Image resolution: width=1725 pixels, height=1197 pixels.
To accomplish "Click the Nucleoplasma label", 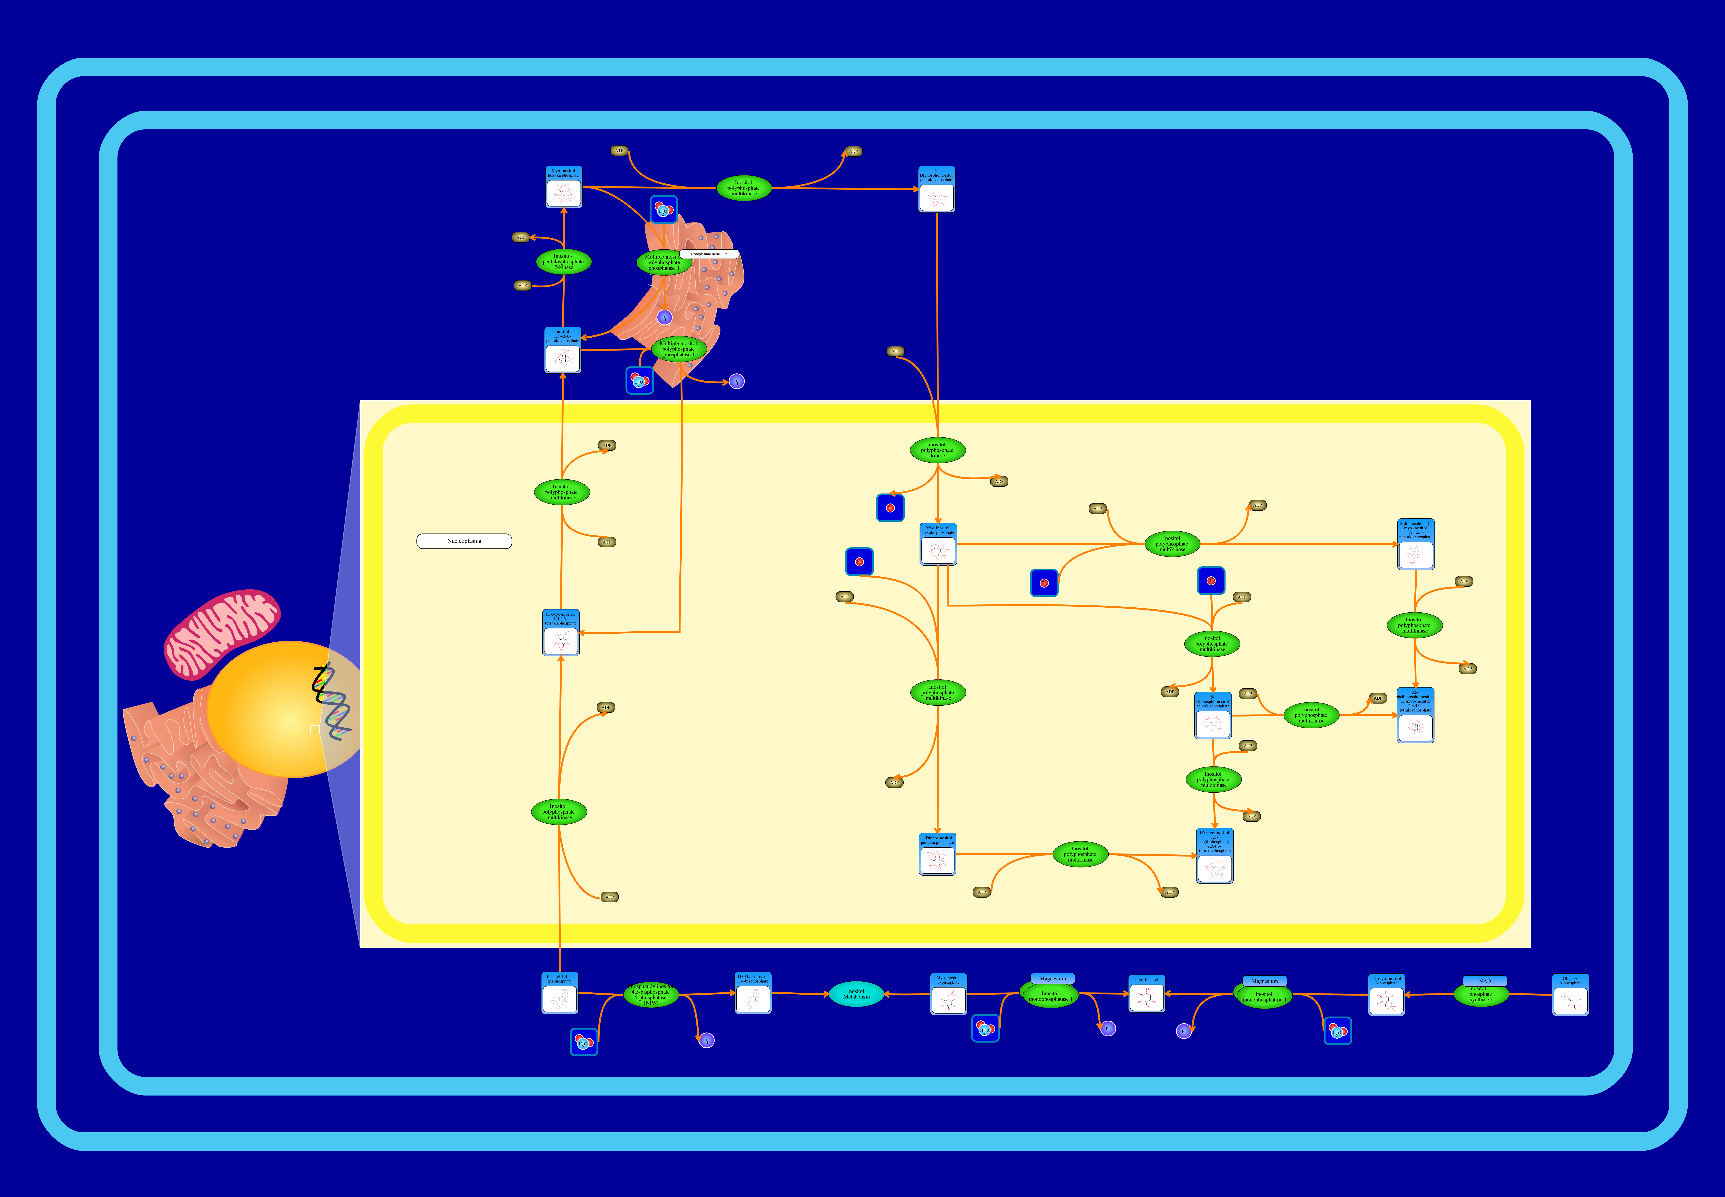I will click(x=464, y=541).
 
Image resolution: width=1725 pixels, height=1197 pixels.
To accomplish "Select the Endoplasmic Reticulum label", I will click(x=709, y=254).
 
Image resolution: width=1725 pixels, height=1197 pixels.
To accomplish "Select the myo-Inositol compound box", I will click(x=1147, y=994).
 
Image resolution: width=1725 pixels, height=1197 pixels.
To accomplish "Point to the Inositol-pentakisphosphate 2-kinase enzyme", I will click(x=563, y=262).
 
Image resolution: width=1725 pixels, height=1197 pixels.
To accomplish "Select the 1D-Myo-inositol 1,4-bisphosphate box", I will click(x=753, y=993).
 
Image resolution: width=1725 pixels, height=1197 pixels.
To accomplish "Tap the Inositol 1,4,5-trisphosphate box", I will click(x=560, y=993).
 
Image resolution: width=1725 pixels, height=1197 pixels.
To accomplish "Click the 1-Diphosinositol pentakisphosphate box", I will click(x=937, y=854).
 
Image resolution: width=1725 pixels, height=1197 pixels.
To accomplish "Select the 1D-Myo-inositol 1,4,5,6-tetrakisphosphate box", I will click(x=561, y=633).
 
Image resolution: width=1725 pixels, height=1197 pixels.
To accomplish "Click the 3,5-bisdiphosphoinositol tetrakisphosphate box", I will click(x=1415, y=715).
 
